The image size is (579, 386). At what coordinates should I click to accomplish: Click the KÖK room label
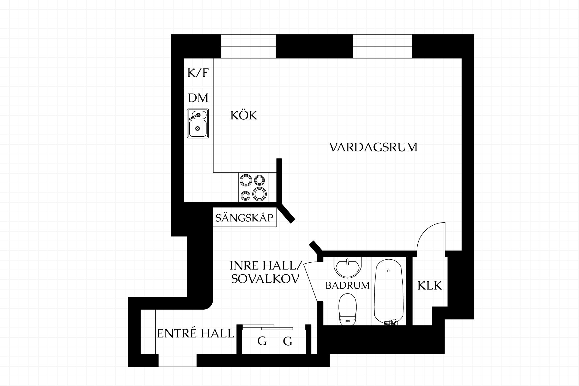click(x=244, y=115)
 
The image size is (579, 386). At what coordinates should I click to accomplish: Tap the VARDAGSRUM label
click(x=373, y=147)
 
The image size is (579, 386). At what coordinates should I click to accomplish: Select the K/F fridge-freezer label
click(x=198, y=73)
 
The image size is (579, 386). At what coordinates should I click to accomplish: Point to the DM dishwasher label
click(x=198, y=98)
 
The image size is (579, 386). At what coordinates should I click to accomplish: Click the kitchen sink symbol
click(x=198, y=123)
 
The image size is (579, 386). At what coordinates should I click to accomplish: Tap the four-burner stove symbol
click(x=253, y=187)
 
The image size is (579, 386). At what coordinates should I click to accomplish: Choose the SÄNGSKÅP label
click(x=245, y=217)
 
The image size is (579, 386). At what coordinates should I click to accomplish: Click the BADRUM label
click(x=347, y=285)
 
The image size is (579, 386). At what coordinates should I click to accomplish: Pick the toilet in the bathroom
click(x=348, y=310)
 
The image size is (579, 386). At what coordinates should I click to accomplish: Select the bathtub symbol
click(x=389, y=292)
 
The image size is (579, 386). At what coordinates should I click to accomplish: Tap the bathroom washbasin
click(x=348, y=267)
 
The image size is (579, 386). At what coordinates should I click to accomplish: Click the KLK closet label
click(x=430, y=286)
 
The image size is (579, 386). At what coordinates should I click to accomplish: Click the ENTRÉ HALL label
click(x=196, y=334)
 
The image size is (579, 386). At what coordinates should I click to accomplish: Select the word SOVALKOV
click(x=265, y=279)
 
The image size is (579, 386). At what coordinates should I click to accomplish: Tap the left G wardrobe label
click(x=262, y=341)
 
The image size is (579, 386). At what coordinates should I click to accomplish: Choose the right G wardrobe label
click(x=288, y=341)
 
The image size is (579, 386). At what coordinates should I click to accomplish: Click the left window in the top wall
click(x=248, y=46)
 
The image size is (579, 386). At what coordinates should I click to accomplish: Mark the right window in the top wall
click(x=382, y=46)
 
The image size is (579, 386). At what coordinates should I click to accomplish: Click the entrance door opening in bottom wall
click(x=178, y=360)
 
